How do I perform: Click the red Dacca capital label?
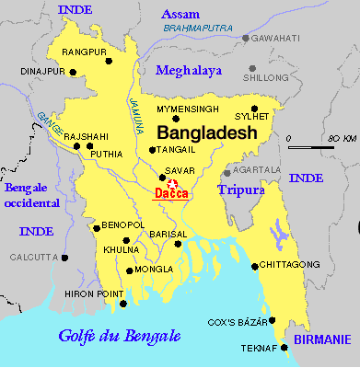(168, 193)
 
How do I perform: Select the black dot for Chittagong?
(253, 266)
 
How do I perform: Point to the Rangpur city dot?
(109, 62)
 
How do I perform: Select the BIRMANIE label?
(322, 339)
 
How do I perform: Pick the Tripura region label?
(240, 190)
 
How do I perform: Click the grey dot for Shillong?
(251, 67)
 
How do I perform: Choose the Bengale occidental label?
(32, 195)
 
